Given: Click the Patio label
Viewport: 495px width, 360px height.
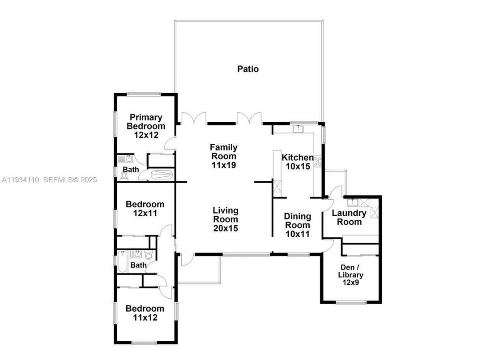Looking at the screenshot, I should [x=247, y=69].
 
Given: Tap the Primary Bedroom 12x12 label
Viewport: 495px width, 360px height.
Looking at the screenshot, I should [x=146, y=126].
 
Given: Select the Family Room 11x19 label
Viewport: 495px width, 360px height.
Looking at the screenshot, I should [x=224, y=156].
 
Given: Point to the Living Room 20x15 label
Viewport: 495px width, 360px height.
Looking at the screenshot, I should [x=225, y=219].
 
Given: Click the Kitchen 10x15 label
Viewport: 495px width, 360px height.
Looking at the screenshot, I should [x=297, y=162].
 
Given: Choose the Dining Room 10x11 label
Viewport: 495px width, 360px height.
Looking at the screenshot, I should [x=298, y=225].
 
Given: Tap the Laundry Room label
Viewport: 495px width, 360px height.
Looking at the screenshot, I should [x=349, y=218].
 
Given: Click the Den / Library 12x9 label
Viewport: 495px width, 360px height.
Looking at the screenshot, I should [x=350, y=275].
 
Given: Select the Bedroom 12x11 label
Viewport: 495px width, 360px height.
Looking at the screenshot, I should [x=145, y=209].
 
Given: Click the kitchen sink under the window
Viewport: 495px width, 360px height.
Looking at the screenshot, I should [x=298, y=129].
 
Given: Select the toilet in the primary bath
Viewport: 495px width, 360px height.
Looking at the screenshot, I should [x=123, y=175].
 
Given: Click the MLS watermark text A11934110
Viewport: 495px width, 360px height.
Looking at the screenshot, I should [x=20, y=180].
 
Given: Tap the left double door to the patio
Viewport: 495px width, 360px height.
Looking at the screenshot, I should [x=193, y=118].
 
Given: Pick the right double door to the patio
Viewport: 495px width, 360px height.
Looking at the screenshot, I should [x=249, y=118].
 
